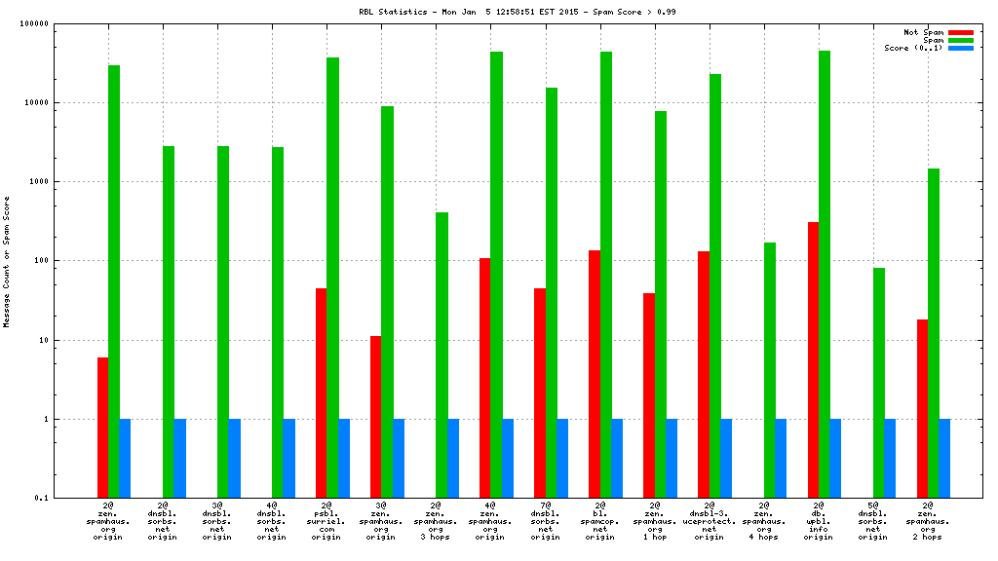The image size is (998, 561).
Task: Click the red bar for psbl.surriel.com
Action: (321, 393)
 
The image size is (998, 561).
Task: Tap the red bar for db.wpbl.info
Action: (813, 359)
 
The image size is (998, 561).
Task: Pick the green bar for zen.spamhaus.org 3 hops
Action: (441, 355)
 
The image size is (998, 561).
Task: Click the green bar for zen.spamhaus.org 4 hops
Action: (770, 370)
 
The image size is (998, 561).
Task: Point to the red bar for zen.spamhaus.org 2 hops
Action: (922, 408)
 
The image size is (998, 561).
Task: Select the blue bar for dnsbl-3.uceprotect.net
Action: (726, 458)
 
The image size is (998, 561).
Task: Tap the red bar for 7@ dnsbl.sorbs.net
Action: (540, 393)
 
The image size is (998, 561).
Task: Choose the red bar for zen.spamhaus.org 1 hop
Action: (649, 395)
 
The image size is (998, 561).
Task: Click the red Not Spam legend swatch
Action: (960, 32)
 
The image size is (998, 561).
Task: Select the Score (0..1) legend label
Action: (913, 48)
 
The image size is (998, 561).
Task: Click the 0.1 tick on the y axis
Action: (67, 499)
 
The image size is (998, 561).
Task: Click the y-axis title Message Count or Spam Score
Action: (7, 261)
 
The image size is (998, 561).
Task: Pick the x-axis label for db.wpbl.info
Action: (819, 521)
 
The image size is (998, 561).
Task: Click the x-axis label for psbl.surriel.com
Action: (326, 521)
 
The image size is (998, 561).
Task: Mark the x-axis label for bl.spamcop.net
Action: (599, 521)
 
